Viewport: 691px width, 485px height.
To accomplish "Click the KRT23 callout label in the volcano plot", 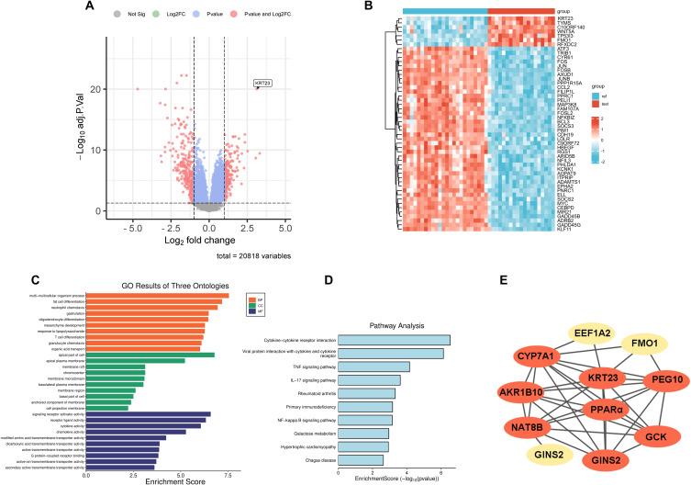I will click(263, 83).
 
